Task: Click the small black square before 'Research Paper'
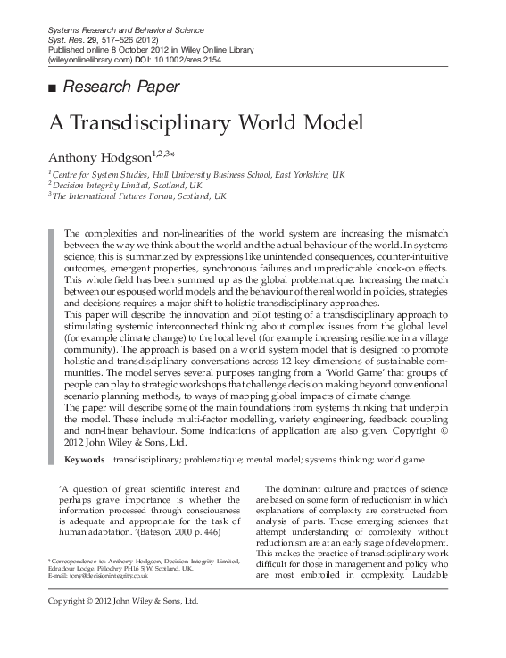pyautogui.click(x=51, y=87)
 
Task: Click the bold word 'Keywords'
pyautogui.click(x=84, y=459)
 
